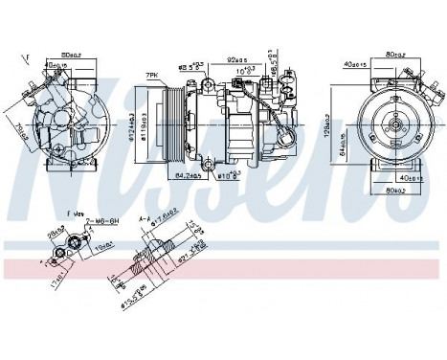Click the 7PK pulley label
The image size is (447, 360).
click(x=149, y=74)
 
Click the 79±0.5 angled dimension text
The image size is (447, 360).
click(x=20, y=125)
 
